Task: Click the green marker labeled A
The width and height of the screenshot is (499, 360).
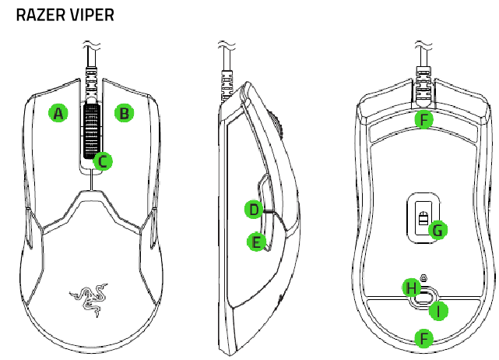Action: pos(57,113)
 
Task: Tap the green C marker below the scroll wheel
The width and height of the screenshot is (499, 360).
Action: pos(102,161)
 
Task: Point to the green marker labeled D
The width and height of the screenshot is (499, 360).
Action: pos(252,209)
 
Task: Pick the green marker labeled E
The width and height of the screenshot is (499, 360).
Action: pos(255,242)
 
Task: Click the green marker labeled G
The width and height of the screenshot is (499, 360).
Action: pos(438,230)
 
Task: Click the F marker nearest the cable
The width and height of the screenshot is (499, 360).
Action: pos(423,119)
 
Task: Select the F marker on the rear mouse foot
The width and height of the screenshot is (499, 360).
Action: pos(423,338)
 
